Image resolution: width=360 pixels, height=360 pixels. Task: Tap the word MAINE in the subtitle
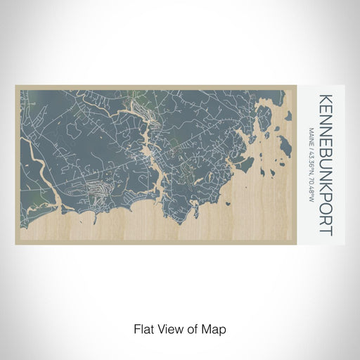(311, 136)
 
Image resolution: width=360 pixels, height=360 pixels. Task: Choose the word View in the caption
(167, 328)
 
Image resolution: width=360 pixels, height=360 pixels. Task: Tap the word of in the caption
(190, 328)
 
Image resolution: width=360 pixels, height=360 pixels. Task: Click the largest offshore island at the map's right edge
(285, 147)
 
